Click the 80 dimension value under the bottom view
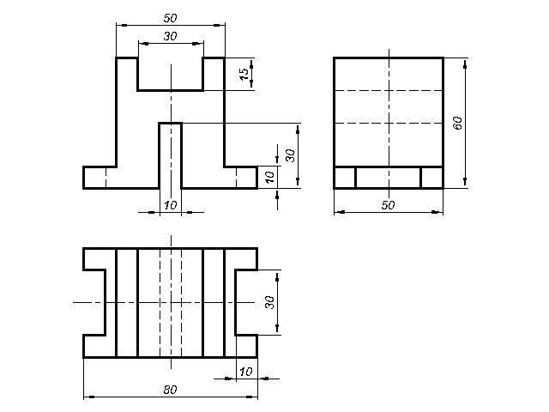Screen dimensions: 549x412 click(170, 389)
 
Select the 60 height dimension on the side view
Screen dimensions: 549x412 click(457, 123)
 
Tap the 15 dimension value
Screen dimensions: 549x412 click(244, 74)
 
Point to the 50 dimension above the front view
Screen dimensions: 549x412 click(170, 18)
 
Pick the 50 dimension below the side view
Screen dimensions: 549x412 click(388, 205)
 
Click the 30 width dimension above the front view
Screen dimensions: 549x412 click(170, 36)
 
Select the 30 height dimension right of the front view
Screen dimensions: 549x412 click(290, 155)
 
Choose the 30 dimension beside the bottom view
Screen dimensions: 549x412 click(269, 302)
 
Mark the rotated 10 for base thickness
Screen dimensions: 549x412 click(269, 178)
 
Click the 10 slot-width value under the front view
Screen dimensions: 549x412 click(171, 205)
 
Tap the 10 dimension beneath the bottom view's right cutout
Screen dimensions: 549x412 click(246, 372)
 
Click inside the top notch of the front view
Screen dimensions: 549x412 click(171, 74)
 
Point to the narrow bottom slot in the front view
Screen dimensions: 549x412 click(171, 155)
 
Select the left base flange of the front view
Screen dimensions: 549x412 click(100, 178)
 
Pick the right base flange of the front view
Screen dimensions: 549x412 click(241, 178)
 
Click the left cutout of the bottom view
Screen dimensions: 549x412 click(94, 302)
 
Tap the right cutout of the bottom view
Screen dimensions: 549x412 click(246, 302)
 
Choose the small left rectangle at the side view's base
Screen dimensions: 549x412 click(345, 178)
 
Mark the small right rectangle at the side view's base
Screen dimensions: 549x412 click(431, 178)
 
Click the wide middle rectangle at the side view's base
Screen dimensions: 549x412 click(388, 178)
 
